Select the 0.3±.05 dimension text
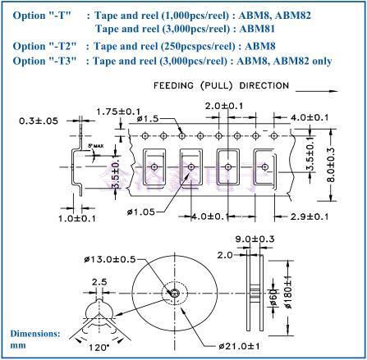click(x=40, y=121)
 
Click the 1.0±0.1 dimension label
click(x=77, y=218)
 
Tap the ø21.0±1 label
click(x=245, y=345)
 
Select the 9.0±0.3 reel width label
click(x=260, y=239)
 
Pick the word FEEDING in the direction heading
click(x=176, y=85)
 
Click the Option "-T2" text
click(x=39, y=46)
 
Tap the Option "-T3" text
click(x=39, y=61)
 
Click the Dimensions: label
click(x=35, y=334)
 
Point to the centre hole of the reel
click(x=174, y=293)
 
